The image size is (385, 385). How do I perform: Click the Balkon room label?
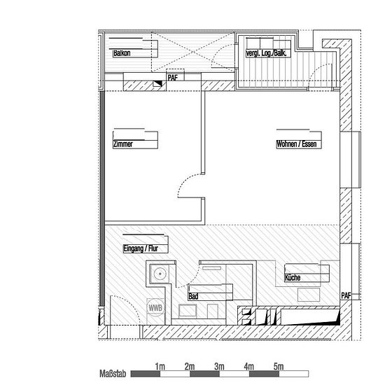pyautogui.click(x=122, y=53)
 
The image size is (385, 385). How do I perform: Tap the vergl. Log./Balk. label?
pyautogui.click(x=266, y=53)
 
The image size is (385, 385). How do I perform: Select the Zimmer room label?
pyautogui.click(x=122, y=144)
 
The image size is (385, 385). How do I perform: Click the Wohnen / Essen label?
pyautogui.click(x=296, y=144)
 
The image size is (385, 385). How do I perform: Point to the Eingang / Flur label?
pyautogui.click(x=141, y=248)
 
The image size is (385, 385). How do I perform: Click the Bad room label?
pyautogui.click(x=193, y=296)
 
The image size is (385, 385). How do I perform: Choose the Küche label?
pyautogui.click(x=293, y=277)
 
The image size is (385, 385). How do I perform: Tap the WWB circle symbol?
pyautogui.click(x=155, y=308)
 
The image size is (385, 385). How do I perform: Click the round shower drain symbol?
pyautogui.click(x=160, y=273)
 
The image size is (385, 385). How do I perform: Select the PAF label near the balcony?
pyautogui.click(x=172, y=78)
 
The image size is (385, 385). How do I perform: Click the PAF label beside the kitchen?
pyautogui.click(x=346, y=296)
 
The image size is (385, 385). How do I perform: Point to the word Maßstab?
pyautogui.click(x=113, y=374)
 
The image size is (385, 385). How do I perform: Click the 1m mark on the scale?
pyautogui.click(x=160, y=367)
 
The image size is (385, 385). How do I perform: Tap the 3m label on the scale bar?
pyautogui.click(x=219, y=367)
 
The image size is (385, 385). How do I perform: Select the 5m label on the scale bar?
pyautogui.click(x=279, y=367)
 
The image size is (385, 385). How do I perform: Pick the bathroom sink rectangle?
pyautogui.click(x=188, y=311)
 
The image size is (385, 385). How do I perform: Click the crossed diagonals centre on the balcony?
pyautogui.click(x=193, y=52)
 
